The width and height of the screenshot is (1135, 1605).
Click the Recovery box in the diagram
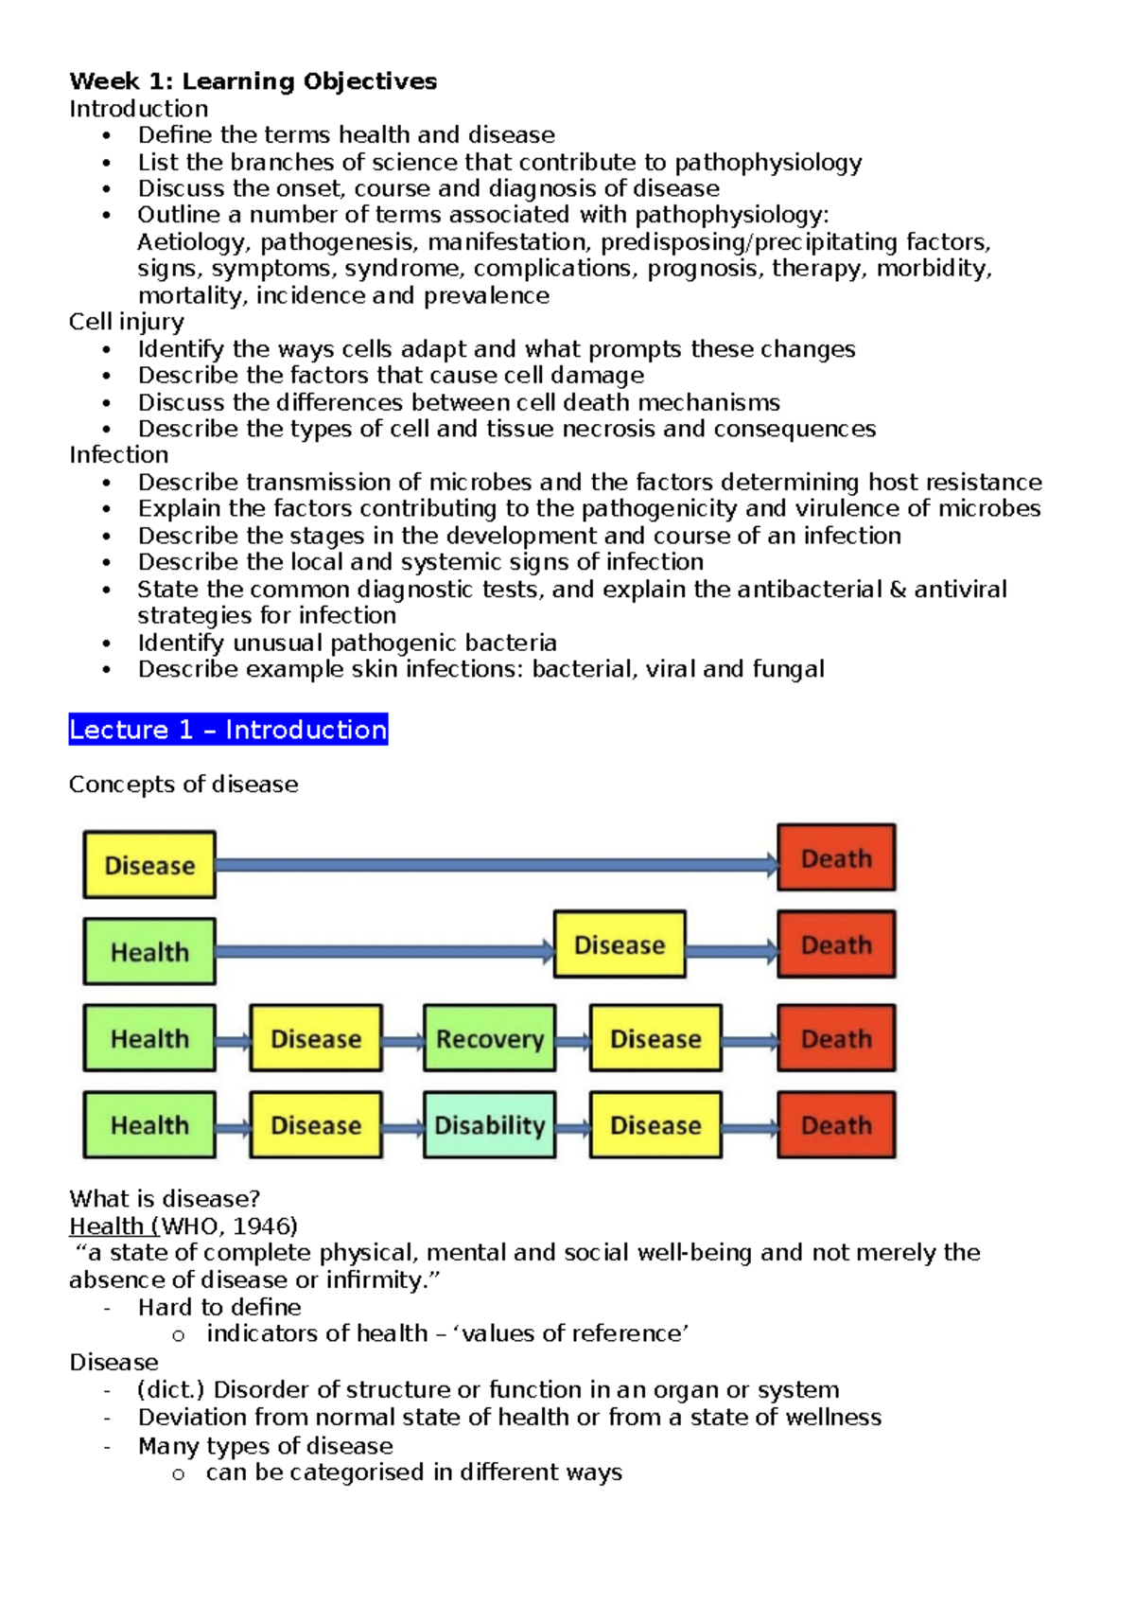point(489,1038)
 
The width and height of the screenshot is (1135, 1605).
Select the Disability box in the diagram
point(489,1125)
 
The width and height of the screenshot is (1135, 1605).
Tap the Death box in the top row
point(836,858)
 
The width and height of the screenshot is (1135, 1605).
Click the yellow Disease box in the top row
point(149,865)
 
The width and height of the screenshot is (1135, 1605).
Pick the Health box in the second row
point(149,952)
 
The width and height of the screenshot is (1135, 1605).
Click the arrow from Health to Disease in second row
point(384,951)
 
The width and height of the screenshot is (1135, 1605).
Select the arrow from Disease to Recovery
point(403,1041)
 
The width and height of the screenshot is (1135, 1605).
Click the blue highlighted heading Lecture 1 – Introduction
point(228,730)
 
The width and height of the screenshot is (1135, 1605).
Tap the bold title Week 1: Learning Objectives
point(253,81)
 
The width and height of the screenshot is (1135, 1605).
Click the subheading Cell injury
point(126,322)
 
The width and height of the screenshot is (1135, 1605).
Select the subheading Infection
point(118,455)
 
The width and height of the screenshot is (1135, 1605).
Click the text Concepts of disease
point(183,785)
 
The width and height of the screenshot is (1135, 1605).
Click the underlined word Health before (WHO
point(106,1226)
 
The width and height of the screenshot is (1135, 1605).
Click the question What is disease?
point(165,1199)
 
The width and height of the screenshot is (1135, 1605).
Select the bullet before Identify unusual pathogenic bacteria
point(107,644)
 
